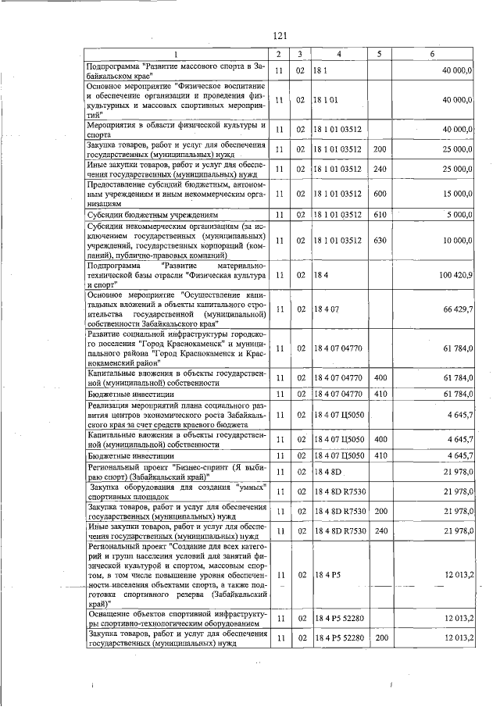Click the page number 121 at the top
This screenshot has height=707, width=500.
(x=281, y=35)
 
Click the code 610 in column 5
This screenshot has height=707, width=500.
(x=380, y=214)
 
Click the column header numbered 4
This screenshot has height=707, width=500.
(x=339, y=53)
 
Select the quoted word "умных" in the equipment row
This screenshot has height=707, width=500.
(x=249, y=487)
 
